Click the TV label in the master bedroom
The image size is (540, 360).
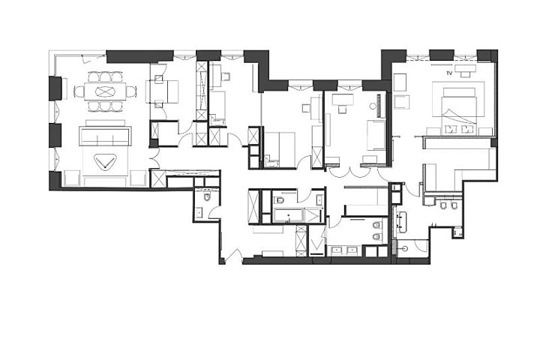448,73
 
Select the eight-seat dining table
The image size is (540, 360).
105,91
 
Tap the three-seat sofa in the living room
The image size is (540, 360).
105,136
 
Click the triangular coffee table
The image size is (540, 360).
105,161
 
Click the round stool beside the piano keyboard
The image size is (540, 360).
373,106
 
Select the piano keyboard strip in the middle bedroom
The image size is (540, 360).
381,106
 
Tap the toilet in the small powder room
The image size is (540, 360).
207,197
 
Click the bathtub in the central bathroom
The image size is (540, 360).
287,216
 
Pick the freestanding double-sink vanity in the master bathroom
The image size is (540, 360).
401,220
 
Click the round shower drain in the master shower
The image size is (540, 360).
405,248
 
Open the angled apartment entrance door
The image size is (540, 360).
234,255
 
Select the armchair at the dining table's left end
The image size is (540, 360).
79,91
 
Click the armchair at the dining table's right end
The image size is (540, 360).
131,91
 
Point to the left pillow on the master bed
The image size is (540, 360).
450,129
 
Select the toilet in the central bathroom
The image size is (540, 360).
279,199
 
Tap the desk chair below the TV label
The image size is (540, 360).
466,74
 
